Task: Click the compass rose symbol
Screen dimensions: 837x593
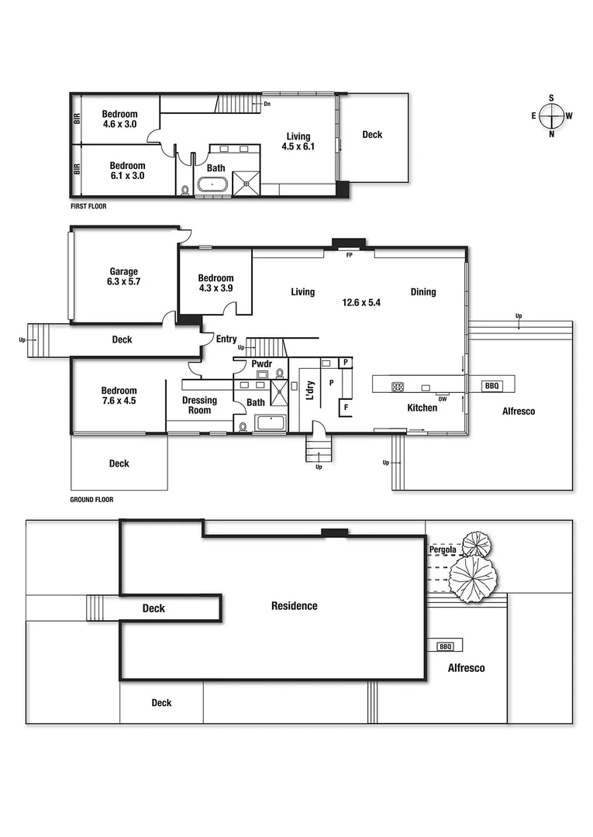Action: (551, 116)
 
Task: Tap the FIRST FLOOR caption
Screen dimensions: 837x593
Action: (88, 207)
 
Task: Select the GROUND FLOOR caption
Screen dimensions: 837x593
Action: (91, 500)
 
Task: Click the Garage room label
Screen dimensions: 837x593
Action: (123, 271)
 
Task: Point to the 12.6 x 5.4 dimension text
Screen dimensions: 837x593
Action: (361, 303)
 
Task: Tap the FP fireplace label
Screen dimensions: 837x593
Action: (349, 254)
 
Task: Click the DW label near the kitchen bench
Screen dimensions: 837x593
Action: (442, 399)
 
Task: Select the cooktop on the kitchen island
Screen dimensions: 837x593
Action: (397, 386)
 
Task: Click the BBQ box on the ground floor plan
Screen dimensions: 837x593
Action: (491, 385)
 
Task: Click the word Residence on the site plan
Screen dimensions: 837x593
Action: (294, 606)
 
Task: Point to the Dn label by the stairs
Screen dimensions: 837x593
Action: (267, 103)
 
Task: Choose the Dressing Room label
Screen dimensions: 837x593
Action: (199, 405)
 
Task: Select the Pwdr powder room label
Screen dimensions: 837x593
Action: (261, 364)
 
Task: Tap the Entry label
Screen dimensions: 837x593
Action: (226, 339)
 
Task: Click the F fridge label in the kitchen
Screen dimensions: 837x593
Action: (346, 406)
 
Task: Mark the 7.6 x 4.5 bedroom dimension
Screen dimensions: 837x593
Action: (119, 401)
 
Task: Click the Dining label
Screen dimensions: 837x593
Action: (423, 292)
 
